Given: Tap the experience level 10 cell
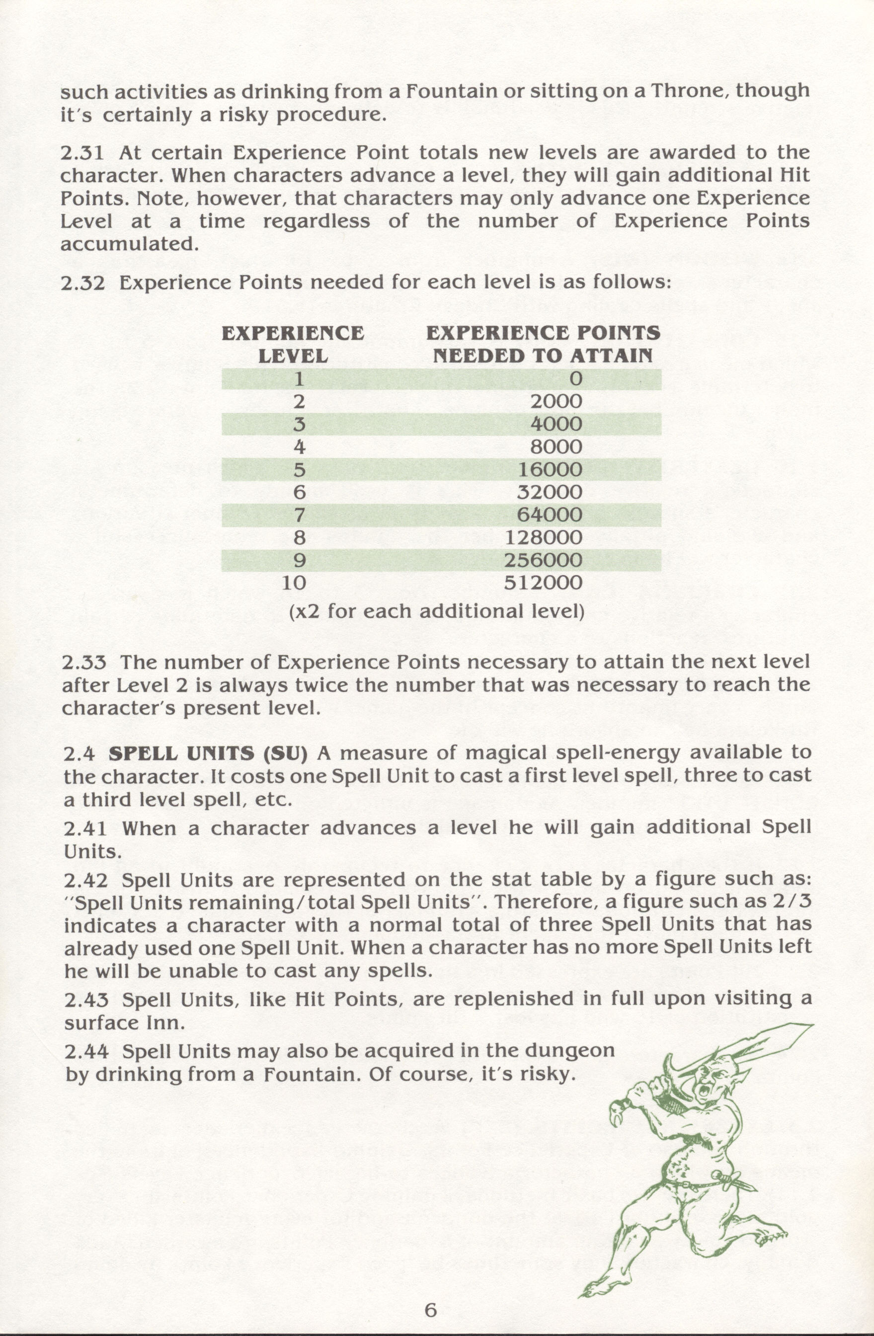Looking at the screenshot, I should pyautogui.click(x=294, y=583).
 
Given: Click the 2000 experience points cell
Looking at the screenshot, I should pyautogui.click(x=556, y=401).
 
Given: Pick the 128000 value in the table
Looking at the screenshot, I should pyautogui.click(x=543, y=538).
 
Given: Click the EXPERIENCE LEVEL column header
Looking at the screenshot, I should pyautogui.click(x=293, y=344).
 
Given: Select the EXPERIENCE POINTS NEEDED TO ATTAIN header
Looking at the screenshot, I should pyautogui.click(x=543, y=344).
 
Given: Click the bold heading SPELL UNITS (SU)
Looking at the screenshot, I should pyautogui.click(x=208, y=753).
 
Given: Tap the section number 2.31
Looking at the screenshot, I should pyautogui.click(x=83, y=152).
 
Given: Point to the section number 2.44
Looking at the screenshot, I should pyautogui.click(x=86, y=1051).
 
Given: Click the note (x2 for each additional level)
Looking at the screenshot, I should pyautogui.click(x=436, y=611).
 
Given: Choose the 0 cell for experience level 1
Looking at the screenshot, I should pyautogui.click(x=575, y=379).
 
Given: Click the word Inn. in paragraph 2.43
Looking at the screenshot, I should pyautogui.click(x=165, y=1023).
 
